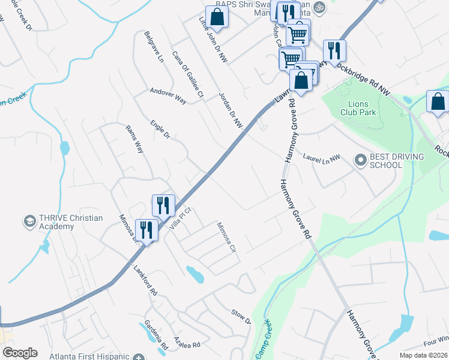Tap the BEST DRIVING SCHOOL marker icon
point(360,160)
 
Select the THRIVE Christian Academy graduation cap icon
point(28,222)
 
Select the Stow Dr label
point(240,316)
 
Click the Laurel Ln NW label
point(321,157)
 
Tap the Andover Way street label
point(167,95)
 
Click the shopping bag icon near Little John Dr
point(217,17)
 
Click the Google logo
point(20,353)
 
